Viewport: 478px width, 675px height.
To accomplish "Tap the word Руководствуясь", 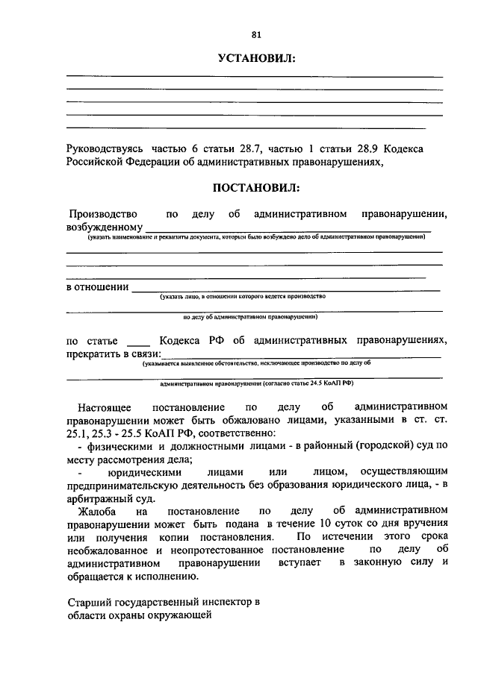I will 105,149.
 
